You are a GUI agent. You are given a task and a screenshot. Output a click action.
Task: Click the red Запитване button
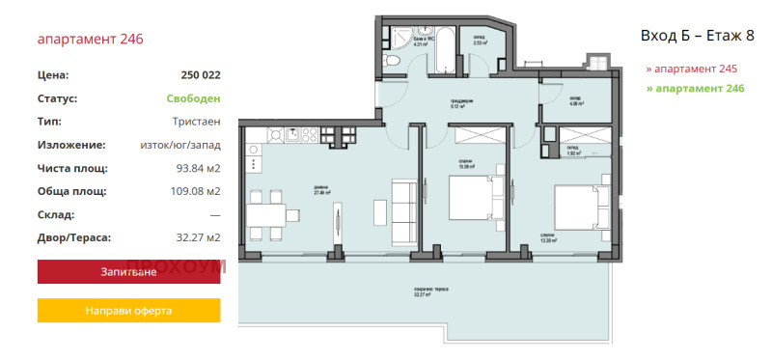128,272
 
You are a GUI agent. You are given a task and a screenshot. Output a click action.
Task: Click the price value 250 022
200,74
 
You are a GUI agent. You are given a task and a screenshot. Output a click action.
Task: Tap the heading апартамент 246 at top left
90,40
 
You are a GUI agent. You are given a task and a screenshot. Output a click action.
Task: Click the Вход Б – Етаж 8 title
697,36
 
